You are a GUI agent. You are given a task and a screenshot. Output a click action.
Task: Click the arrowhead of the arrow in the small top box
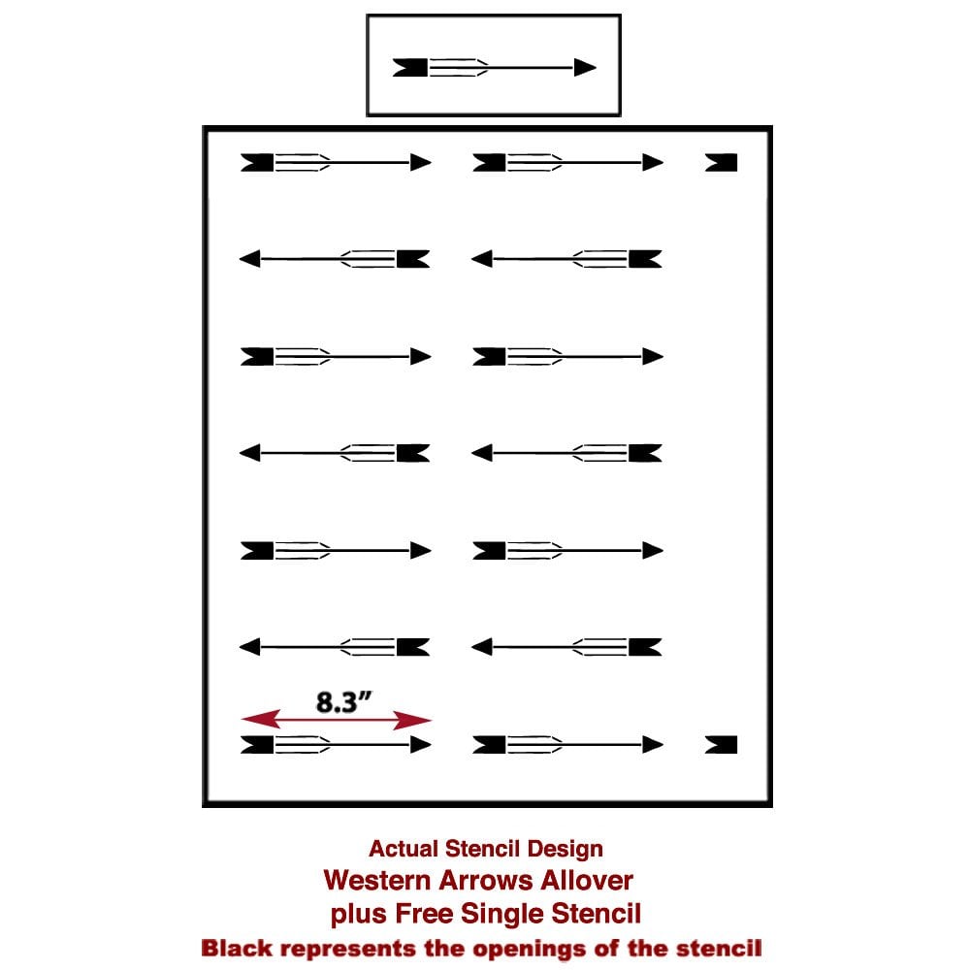click(585, 67)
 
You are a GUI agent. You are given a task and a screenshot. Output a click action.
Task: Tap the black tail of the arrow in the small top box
click(410, 67)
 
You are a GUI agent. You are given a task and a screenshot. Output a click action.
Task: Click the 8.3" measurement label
click(345, 702)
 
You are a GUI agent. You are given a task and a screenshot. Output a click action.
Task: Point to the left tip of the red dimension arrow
click(244, 720)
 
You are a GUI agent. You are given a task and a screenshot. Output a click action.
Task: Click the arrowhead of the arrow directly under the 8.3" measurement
click(420, 744)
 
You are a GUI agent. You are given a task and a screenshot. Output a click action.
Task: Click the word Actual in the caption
click(398, 849)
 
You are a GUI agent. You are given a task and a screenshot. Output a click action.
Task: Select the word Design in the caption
click(567, 849)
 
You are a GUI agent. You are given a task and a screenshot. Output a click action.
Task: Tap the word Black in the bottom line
click(233, 948)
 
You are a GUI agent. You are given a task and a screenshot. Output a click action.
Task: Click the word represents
click(343, 948)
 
